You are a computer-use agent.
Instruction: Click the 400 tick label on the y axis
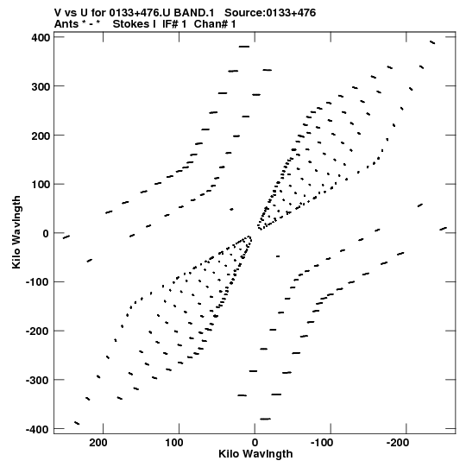(41, 38)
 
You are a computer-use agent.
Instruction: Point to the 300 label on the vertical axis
(41, 87)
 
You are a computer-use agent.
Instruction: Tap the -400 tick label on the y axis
(37, 430)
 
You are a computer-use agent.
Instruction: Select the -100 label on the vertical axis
(37, 282)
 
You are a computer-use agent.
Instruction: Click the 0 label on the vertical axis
(46, 234)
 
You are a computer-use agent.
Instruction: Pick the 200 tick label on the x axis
(98, 443)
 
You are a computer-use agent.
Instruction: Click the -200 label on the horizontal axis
(397, 443)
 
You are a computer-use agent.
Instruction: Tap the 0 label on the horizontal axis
(255, 443)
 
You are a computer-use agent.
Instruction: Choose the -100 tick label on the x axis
(322, 443)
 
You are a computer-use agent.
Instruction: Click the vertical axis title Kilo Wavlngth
(16, 232)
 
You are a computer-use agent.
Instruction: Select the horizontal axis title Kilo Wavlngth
(255, 454)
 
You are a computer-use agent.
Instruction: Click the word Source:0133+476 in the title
(270, 13)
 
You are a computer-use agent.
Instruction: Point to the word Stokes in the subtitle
(131, 24)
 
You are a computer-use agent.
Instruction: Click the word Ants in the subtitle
(66, 24)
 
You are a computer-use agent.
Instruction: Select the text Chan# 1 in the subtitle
(215, 24)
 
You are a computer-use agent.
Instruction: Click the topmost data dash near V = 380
(244, 47)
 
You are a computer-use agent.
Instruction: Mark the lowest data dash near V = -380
(265, 419)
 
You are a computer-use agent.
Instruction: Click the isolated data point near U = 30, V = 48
(231, 210)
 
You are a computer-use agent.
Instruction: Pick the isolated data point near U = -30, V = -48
(278, 256)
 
